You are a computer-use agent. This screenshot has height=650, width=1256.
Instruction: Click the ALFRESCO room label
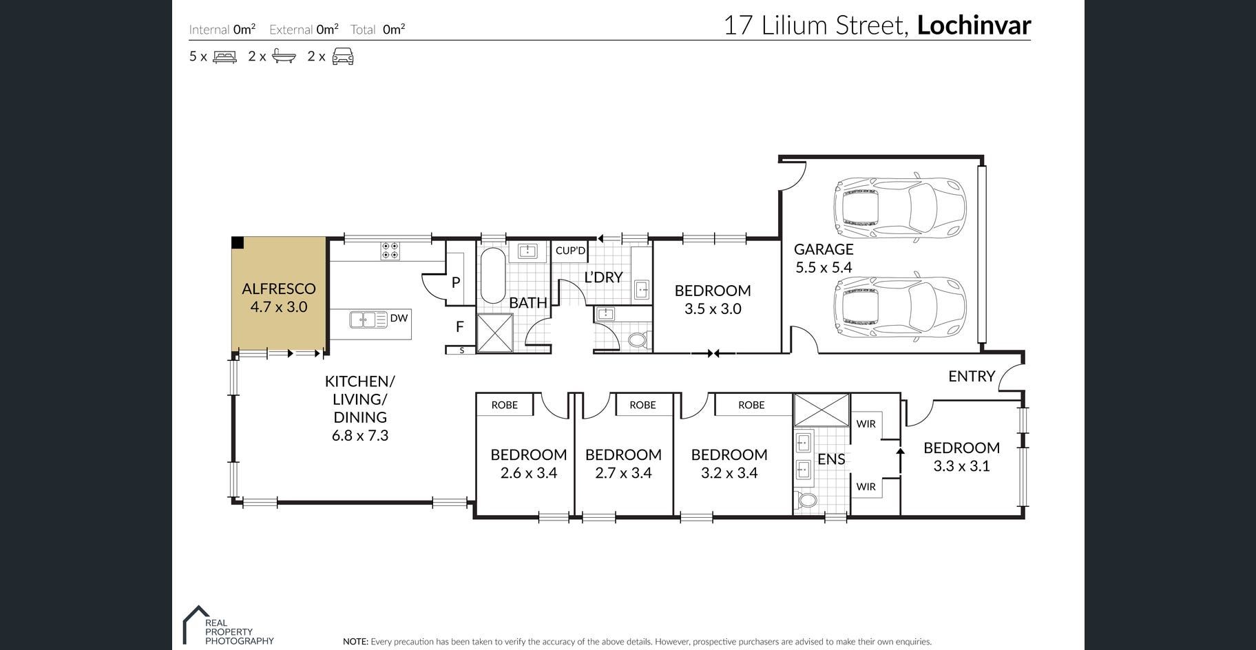coord(279,289)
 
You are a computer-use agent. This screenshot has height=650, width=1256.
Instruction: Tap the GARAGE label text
coord(824,249)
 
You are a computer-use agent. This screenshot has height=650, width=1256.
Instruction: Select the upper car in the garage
coord(899,207)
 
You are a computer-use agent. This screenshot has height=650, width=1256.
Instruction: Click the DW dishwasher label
coord(399,318)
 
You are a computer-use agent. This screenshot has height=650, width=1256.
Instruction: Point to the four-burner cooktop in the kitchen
coord(390,250)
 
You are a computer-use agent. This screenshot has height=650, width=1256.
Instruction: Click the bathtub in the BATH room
coord(492,275)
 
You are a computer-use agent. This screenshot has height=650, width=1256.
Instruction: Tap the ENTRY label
coord(972,376)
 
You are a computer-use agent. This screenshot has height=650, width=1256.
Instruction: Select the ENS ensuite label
coord(831,459)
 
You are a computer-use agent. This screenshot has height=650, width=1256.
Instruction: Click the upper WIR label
coord(866,424)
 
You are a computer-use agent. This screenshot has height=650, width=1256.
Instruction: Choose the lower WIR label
coord(866,487)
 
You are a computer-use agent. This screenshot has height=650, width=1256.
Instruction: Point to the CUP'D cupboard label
coord(570,251)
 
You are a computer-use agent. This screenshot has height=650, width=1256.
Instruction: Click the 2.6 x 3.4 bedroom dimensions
coord(529,473)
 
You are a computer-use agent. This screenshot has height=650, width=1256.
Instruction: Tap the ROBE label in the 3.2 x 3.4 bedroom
coord(751,405)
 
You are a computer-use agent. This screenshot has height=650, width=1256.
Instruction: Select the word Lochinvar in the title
coord(974,25)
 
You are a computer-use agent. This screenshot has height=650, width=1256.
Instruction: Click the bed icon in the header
coord(225,56)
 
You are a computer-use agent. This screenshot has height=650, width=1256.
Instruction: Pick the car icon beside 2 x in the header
coord(343,56)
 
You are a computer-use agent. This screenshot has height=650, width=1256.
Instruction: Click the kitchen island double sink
coord(368,319)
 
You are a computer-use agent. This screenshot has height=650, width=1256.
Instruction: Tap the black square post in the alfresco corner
coord(237,242)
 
